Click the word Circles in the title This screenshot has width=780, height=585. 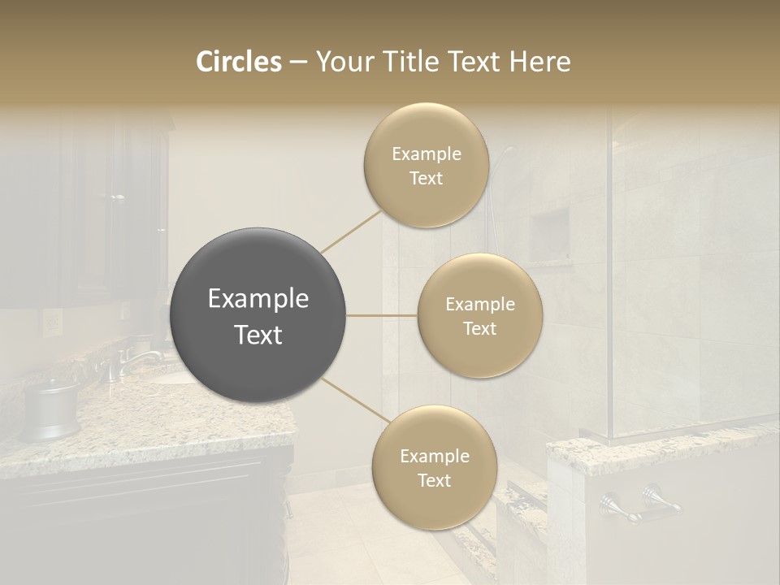click(x=239, y=62)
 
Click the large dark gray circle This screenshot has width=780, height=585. click(x=258, y=315)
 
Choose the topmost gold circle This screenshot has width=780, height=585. click(x=426, y=165)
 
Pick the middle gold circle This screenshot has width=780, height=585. click(x=479, y=315)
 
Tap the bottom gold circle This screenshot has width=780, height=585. click(x=434, y=467)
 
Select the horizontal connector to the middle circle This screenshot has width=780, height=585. click(x=382, y=315)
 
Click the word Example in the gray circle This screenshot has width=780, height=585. click(x=258, y=299)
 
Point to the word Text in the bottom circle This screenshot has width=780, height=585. click(x=434, y=480)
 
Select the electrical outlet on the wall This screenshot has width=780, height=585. click(x=51, y=324)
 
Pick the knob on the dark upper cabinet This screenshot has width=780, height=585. click(x=118, y=197)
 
